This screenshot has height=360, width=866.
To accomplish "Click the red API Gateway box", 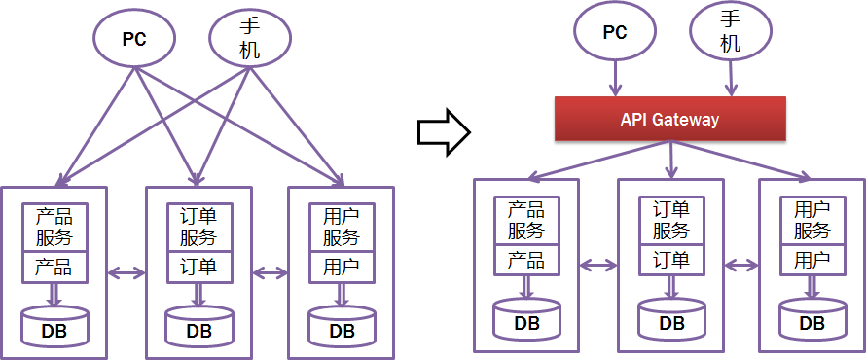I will tap(669, 120).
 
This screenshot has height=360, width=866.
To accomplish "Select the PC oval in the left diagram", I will tap(134, 40).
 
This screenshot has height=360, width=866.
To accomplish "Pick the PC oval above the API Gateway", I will tap(614, 33).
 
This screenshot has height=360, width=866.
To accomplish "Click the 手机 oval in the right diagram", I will tap(730, 33).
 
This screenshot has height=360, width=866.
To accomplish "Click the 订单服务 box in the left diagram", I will tap(198, 227).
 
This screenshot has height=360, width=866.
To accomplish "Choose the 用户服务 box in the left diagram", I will tap(342, 227).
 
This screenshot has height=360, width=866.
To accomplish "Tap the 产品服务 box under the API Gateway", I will tap(526, 221).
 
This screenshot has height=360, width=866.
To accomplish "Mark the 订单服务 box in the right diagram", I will tap(670, 221).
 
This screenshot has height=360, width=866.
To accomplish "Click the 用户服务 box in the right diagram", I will tap(812, 221).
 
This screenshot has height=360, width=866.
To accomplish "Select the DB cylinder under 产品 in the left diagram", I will tap(55, 327).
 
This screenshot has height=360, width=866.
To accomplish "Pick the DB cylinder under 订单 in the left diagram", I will tap(198, 327).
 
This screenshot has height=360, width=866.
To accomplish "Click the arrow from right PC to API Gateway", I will tap(614, 78).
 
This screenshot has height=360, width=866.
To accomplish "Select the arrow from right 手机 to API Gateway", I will tap(730, 78).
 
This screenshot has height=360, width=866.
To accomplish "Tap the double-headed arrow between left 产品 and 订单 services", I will tap(126, 273).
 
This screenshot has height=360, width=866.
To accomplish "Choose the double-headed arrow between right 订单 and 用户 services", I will tap(741, 264).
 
